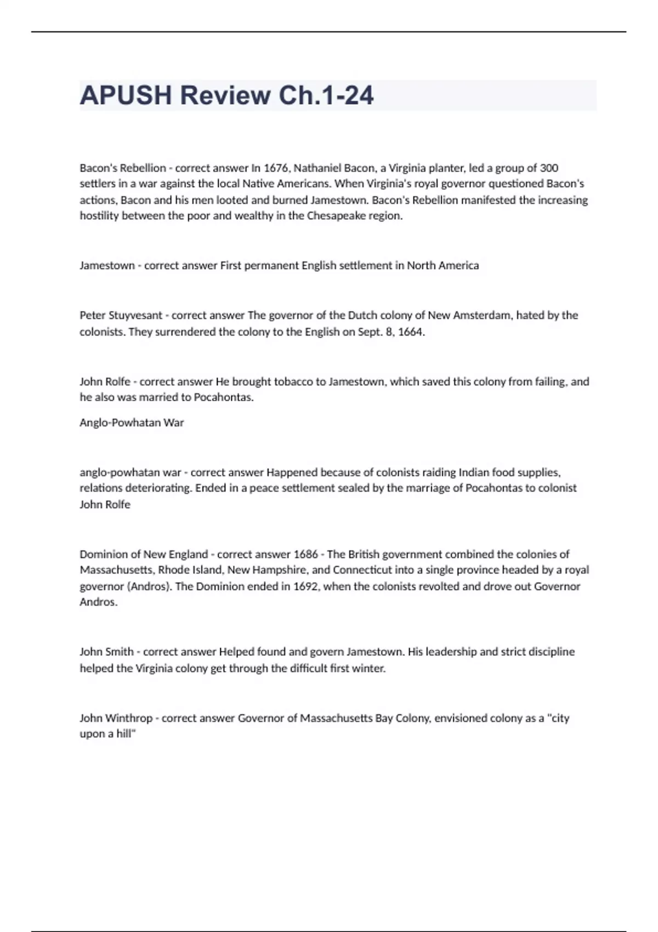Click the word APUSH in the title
point(126,95)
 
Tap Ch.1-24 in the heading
point(326,95)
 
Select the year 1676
point(276,168)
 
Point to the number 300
point(549,168)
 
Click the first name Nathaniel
point(317,168)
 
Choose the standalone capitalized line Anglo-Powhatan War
point(132,423)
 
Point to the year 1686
point(305,554)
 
